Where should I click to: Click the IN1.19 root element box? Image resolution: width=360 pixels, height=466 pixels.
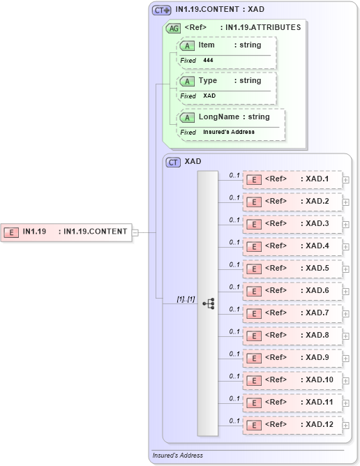click(67, 232)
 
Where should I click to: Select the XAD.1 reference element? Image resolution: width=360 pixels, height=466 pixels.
click(292, 179)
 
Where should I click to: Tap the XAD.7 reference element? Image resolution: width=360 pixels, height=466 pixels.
click(292, 313)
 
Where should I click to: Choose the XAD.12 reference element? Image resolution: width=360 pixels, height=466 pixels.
click(292, 425)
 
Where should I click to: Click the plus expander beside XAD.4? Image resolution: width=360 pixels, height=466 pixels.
click(346, 247)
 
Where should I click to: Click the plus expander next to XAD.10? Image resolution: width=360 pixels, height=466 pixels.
click(346, 381)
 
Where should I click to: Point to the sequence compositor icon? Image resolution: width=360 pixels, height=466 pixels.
click(209, 303)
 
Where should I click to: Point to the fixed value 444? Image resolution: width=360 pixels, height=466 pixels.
click(209, 61)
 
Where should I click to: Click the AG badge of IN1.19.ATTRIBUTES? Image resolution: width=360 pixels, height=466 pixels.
click(172, 29)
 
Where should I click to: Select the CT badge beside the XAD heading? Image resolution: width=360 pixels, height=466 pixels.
click(173, 162)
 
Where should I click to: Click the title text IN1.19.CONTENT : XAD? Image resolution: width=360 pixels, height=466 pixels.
click(219, 10)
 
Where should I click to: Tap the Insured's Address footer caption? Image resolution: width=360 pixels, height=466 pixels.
click(177, 456)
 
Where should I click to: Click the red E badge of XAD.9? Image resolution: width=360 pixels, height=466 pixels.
click(255, 359)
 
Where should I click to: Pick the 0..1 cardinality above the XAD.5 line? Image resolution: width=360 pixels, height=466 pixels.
click(234, 264)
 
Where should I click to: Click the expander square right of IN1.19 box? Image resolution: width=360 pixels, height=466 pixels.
click(135, 232)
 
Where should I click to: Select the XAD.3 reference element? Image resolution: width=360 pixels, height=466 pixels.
click(292, 224)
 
